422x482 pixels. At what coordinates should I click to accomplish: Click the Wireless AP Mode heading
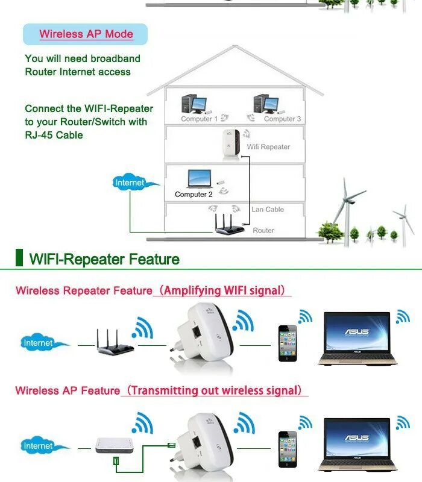86,34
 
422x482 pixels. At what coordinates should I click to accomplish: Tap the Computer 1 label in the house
199,119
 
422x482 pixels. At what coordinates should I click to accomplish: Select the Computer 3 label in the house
282,119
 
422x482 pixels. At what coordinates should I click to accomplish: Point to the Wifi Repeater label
268,146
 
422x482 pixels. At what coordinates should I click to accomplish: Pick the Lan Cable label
267,209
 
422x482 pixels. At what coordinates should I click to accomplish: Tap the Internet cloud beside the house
131,183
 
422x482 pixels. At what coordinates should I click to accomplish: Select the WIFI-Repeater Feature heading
104,260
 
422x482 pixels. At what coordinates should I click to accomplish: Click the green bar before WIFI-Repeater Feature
19,257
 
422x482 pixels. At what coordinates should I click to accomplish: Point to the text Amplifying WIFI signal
222,290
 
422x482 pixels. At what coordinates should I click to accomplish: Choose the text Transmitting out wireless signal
215,390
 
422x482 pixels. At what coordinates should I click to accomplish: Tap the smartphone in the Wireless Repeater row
288,343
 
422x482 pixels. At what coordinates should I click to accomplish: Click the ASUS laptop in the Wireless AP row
357,443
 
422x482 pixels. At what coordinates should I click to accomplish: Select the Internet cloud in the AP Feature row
39,446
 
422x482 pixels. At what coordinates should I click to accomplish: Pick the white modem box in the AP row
115,445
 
